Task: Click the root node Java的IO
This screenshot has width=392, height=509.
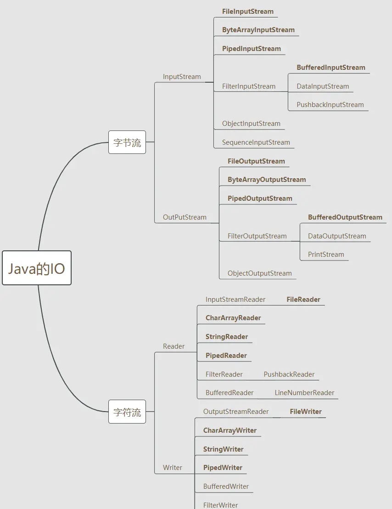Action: tap(37, 268)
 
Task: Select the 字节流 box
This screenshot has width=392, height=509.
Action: tap(127, 142)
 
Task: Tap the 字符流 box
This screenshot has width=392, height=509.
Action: tap(127, 412)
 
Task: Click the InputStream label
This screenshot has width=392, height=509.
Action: tap(182, 77)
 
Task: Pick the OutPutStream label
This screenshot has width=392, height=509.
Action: tap(185, 217)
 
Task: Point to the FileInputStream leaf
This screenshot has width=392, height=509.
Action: tap(248, 11)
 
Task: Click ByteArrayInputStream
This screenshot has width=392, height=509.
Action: tap(258, 30)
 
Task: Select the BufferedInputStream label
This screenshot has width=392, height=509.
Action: tap(331, 68)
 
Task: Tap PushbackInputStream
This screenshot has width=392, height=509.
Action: tap(330, 105)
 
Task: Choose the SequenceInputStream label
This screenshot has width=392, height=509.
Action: tap(256, 142)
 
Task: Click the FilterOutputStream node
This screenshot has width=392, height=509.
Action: tap(257, 236)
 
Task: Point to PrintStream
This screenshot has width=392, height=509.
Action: tap(326, 254)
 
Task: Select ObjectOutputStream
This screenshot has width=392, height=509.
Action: tap(260, 273)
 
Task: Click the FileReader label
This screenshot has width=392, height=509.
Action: tap(303, 300)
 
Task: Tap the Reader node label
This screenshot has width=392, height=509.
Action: tap(174, 346)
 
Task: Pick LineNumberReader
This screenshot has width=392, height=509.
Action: tap(304, 393)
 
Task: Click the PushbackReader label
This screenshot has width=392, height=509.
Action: tap(289, 374)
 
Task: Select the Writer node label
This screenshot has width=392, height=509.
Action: tap(173, 468)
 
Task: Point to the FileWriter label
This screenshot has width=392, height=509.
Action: tap(306, 412)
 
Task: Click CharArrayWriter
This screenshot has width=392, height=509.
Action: tap(230, 430)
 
